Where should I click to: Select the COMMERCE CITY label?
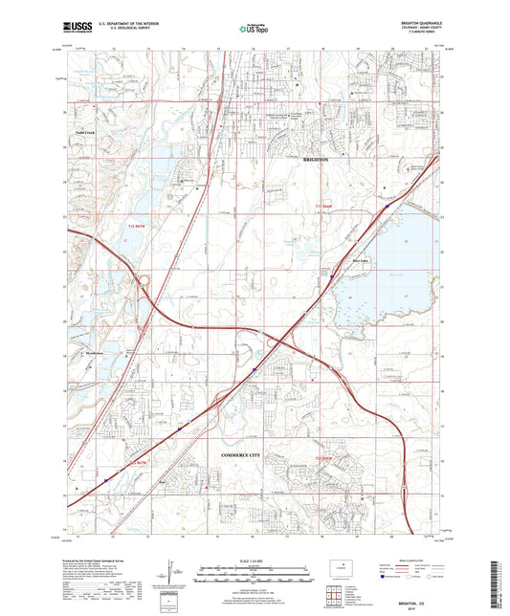(x=246, y=453)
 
